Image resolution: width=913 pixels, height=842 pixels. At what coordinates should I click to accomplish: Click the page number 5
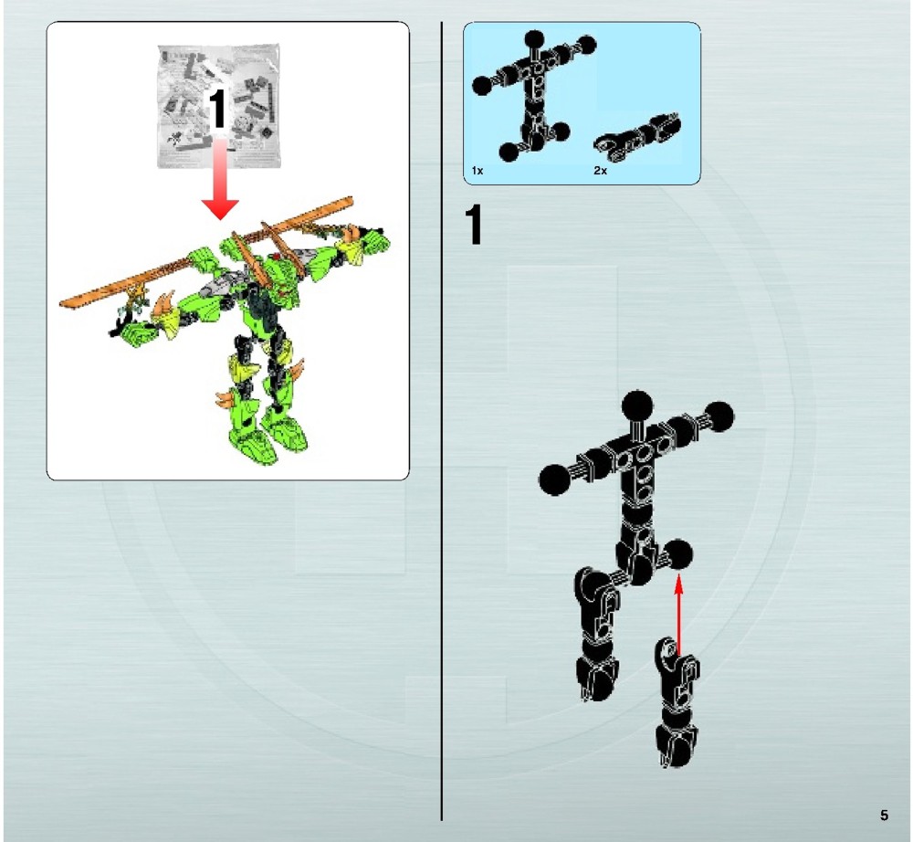884,815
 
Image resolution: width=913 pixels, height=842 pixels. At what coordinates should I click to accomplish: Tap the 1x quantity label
477,171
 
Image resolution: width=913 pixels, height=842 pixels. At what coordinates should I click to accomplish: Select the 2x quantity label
600,171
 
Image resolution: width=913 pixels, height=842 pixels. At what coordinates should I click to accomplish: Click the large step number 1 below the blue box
474,226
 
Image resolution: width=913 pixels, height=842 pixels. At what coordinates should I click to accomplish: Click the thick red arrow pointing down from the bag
218,183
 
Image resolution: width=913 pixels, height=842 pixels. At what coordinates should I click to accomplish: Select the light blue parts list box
582,103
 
